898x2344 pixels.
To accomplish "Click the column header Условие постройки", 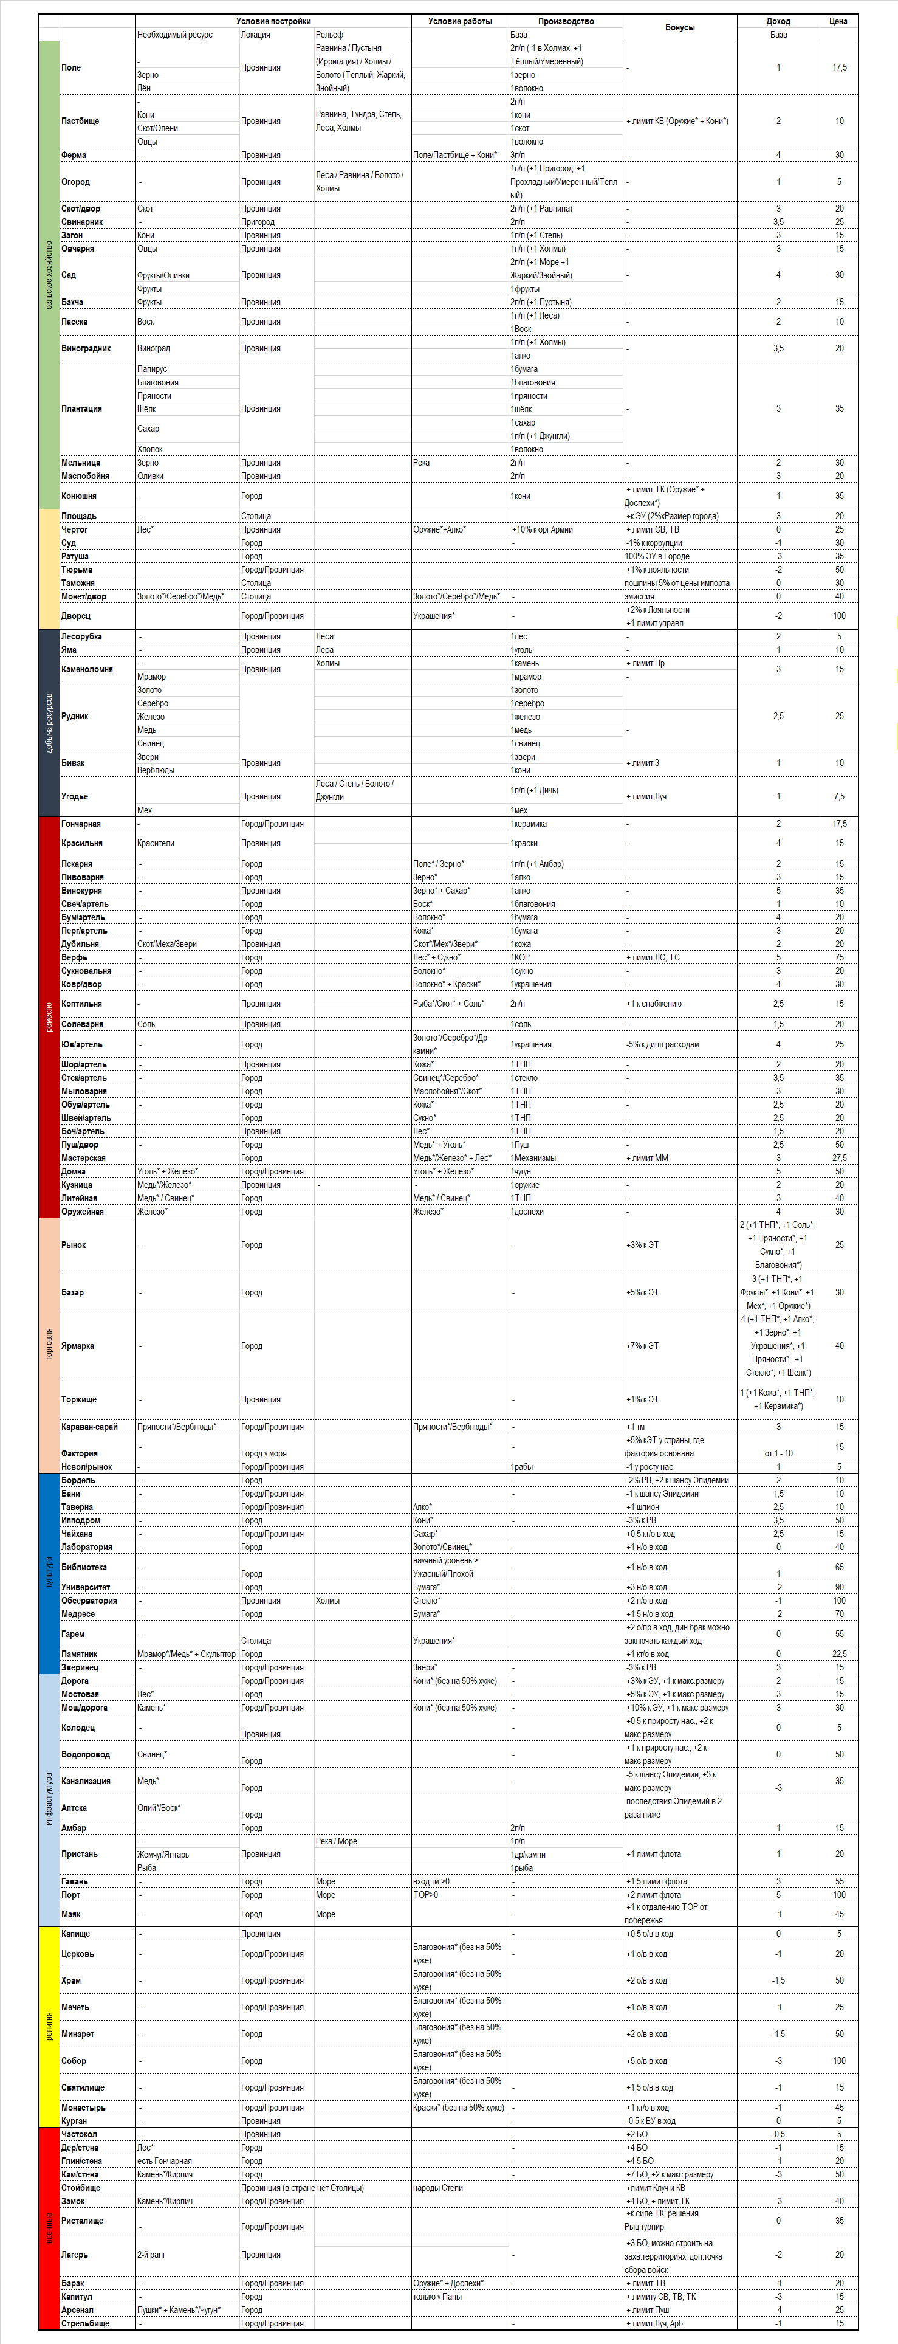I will click(x=273, y=21).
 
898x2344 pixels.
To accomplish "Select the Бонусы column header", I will click(x=680, y=27).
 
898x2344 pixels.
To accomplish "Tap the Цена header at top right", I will click(x=838, y=21).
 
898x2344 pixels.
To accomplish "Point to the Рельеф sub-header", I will click(x=329, y=35).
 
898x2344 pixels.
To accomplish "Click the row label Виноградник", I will click(x=86, y=348).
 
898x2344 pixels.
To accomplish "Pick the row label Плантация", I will click(x=82, y=408).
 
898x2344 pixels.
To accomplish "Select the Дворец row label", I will click(x=77, y=616).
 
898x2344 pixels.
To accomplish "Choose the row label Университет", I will click(x=86, y=1587).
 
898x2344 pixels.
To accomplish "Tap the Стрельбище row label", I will click(x=86, y=2323).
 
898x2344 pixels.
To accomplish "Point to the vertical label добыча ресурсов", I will click(x=49, y=723).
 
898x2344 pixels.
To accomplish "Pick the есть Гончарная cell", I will click(x=165, y=2161).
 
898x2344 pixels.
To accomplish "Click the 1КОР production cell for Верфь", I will click(x=521, y=957).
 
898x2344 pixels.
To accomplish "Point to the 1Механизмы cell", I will click(x=533, y=1159).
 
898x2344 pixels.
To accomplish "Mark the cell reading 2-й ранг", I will click(x=151, y=2255).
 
